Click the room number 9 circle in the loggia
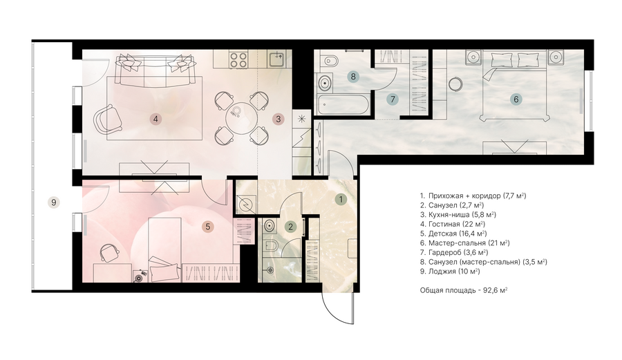54,202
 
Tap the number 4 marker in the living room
155,119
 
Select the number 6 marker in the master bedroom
516,99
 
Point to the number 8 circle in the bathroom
352,76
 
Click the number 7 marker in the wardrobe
393,99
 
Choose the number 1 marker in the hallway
340,199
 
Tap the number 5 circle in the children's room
207,227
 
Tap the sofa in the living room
155,69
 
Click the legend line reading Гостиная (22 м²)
453,224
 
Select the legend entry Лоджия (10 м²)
450,272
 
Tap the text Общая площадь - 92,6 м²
464,290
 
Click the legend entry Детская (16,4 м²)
453,234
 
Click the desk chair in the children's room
109,253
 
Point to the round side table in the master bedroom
455,84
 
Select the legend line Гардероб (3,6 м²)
454,253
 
